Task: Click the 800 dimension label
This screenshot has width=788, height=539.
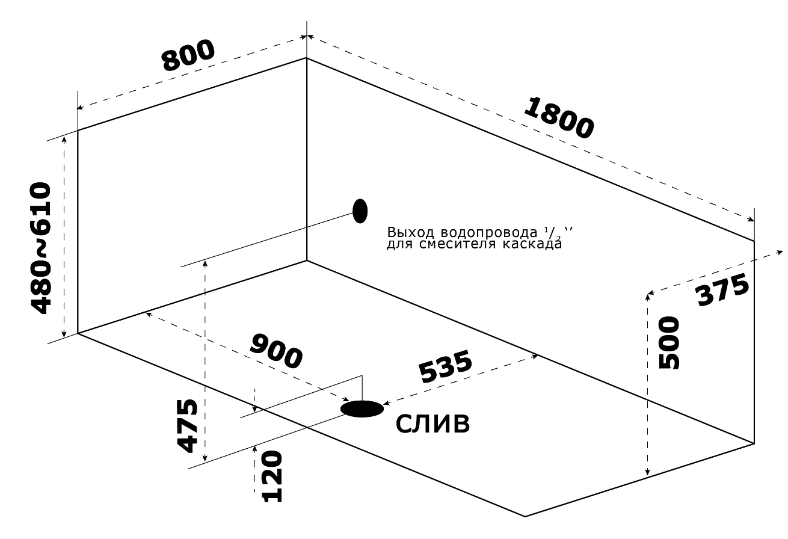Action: click(188, 56)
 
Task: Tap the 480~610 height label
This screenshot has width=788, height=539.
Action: click(41, 247)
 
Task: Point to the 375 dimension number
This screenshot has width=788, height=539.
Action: click(722, 289)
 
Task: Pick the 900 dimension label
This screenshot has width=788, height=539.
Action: click(275, 351)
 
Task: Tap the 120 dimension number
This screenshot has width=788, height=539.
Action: click(272, 476)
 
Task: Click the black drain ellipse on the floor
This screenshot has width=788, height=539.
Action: click(362, 409)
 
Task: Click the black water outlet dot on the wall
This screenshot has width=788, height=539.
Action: click(360, 211)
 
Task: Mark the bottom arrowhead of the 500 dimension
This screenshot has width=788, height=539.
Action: click(647, 474)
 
